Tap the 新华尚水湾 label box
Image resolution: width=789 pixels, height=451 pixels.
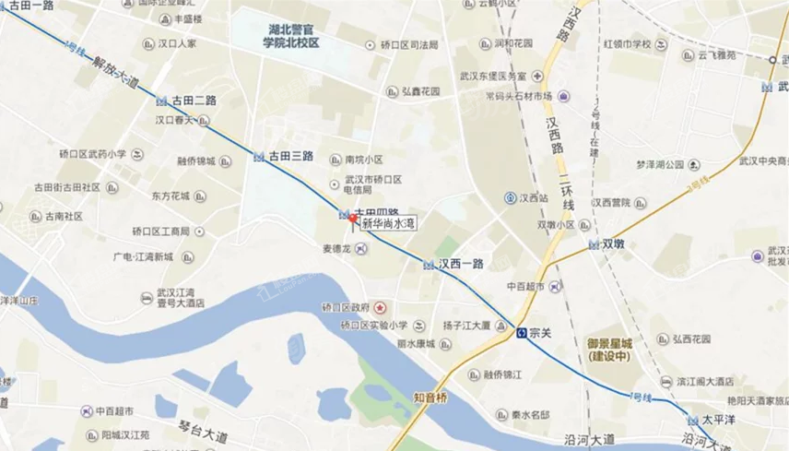388,223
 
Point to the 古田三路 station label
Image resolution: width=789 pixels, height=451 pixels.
291,157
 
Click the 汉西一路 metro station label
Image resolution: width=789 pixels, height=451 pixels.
461,265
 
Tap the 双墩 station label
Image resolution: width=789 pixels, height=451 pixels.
615,244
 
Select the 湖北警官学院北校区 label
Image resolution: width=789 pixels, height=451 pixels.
289,34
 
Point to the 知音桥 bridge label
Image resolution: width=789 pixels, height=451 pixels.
430,398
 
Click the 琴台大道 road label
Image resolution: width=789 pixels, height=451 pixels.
203,429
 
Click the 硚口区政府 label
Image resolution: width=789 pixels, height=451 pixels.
352,306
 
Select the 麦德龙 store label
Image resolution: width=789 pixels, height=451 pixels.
338,249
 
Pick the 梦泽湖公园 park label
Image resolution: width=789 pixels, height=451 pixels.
661,165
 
